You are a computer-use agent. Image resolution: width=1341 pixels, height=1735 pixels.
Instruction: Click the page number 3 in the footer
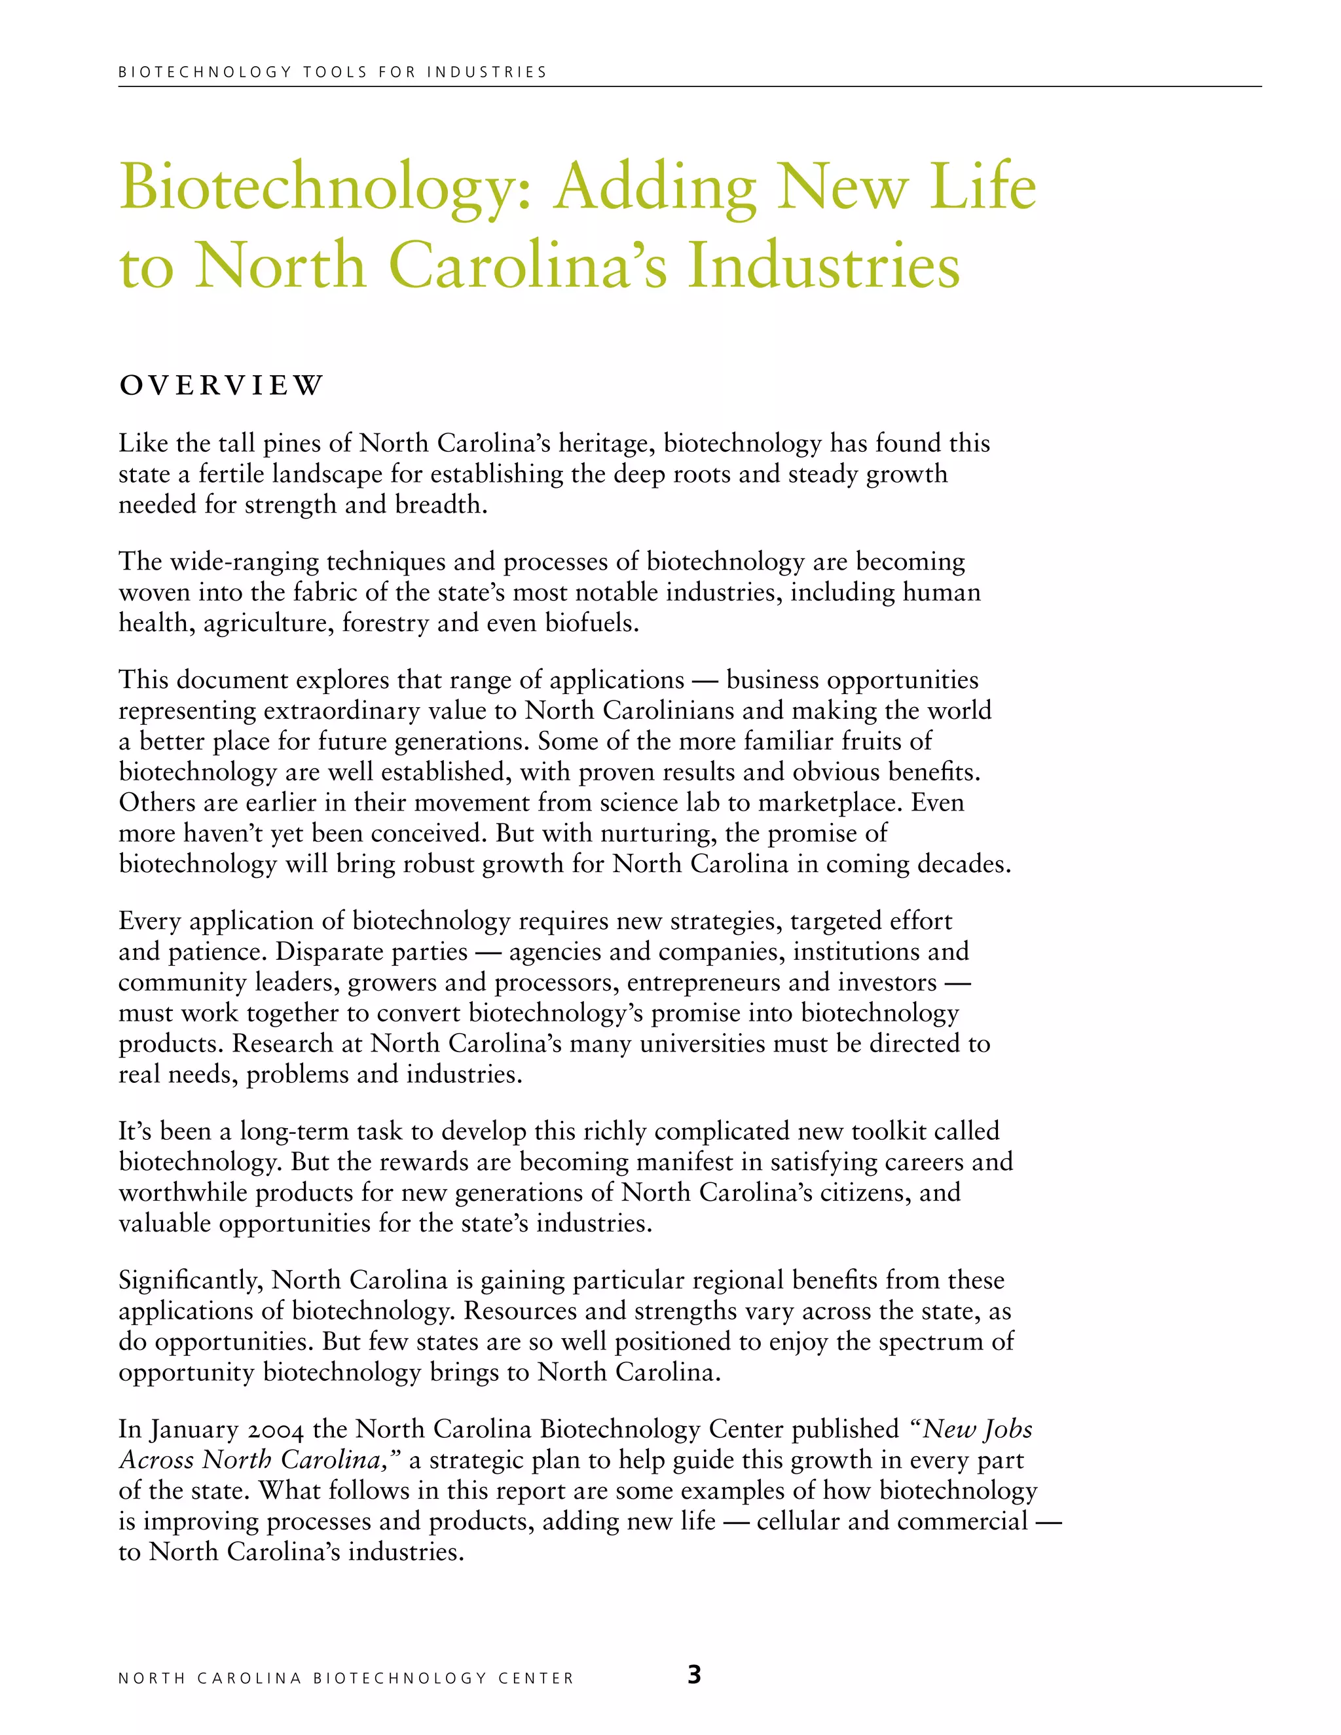click(x=693, y=1675)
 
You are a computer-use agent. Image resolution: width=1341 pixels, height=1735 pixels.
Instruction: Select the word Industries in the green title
click(x=824, y=265)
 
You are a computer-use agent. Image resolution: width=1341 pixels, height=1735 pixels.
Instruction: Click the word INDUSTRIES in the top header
click(x=487, y=72)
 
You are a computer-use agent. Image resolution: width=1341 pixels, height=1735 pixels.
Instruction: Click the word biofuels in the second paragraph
click(x=591, y=623)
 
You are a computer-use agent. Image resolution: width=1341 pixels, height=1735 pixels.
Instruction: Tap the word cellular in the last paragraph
click(x=798, y=1522)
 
